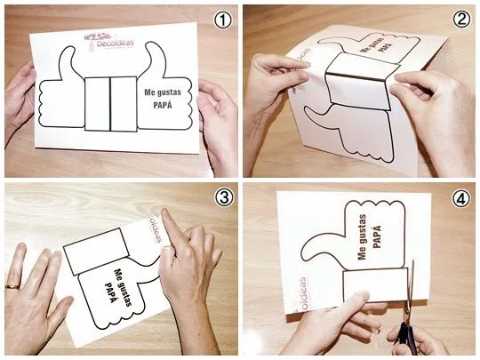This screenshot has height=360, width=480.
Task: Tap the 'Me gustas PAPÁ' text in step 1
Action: [159, 94]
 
